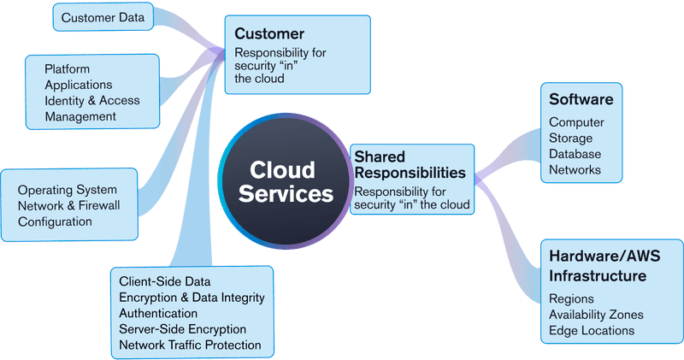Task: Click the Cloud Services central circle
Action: [286, 181]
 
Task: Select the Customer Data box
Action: [103, 16]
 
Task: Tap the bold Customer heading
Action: [269, 34]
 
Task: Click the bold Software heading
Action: [581, 99]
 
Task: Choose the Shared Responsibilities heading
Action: [410, 164]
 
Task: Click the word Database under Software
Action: [575, 154]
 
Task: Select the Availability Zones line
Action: [596, 315]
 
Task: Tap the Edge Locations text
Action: [592, 330]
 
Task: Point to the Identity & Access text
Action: [91, 100]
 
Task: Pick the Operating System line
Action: [67, 190]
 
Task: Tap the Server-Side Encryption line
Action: [182, 329]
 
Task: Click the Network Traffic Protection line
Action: [190, 345]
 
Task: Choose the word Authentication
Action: [158, 313]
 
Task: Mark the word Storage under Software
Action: [571, 139]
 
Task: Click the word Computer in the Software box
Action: [576, 122]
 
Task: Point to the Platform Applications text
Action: [78, 77]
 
